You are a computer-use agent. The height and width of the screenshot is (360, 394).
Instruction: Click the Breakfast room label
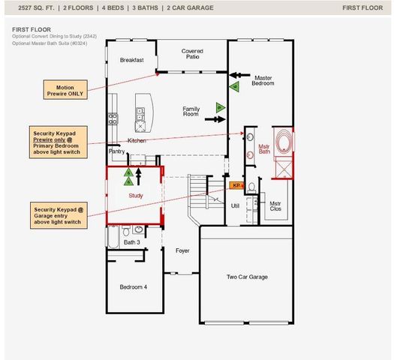click(131, 59)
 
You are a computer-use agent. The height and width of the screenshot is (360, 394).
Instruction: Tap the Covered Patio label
click(192, 55)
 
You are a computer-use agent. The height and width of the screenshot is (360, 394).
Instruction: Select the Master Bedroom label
click(263, 81)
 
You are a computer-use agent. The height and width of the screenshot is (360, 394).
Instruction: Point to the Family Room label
click(191, 111)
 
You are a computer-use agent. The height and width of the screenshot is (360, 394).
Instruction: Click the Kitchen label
click(137, 141)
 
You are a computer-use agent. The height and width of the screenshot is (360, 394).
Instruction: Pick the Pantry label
click(117, 151)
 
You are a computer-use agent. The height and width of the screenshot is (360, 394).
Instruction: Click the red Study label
click(136, 196)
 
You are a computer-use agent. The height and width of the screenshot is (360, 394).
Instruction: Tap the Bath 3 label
click(131, 242)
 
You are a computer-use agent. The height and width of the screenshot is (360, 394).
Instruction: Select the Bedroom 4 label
click(134, 286)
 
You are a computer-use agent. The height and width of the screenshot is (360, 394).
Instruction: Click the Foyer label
click(182, 250)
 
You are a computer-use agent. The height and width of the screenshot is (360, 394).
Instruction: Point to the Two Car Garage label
click(247, 277)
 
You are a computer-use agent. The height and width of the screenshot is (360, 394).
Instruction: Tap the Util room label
click(235, 204)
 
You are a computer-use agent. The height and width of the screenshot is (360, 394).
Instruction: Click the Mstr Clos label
click(275, 205)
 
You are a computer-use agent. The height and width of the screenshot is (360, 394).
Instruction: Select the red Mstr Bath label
click(264, 148)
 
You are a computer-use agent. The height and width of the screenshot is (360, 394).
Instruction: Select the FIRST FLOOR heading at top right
click(362, 7)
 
